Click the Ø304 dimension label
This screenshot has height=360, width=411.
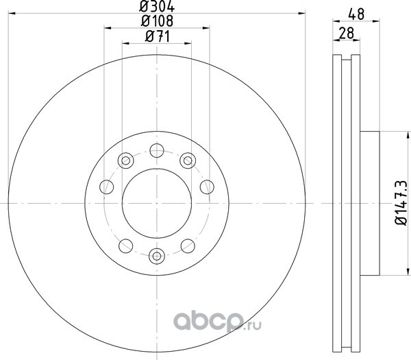click(x=157, y=7)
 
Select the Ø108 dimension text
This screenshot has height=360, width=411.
click(x=157, y=21)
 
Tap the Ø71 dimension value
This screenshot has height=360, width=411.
click(x=158, y=36)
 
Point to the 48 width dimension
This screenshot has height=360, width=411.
click(x=356, y=14)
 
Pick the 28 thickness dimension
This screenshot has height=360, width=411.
click(x=346, y=34)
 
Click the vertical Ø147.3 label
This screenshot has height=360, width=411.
click(x=401, y=202)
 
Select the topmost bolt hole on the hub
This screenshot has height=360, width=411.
click(x=157, y=151)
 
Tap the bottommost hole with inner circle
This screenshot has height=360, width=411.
click(x=157, y=256)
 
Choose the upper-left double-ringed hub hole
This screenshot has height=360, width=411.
click(x=126, y=160)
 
